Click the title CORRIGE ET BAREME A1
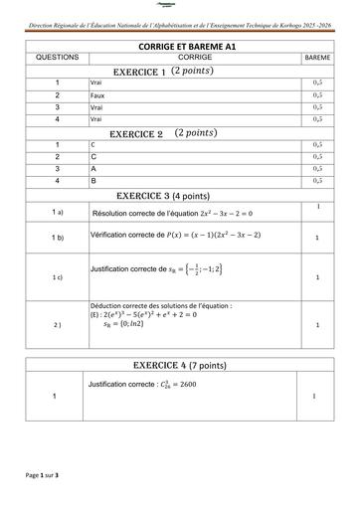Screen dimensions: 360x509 (x=180, y=47)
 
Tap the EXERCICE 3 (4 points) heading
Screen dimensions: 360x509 (x=176, y=195)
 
